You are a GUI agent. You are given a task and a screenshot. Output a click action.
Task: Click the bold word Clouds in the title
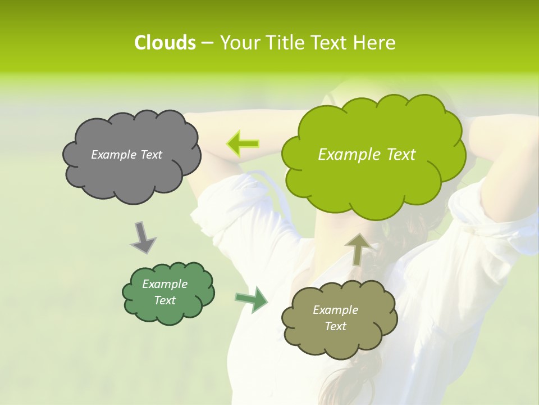(x=165, y=43)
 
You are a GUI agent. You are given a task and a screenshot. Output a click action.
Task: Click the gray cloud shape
(x=131, y=174)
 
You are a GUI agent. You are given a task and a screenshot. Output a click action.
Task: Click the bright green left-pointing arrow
(x=243, y=144)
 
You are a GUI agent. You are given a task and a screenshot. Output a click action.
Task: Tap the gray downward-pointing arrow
(x=143, y=237)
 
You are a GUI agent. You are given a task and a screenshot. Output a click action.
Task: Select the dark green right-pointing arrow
(x=252, y=299)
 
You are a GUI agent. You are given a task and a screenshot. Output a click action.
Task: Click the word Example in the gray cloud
(x=114, y=155)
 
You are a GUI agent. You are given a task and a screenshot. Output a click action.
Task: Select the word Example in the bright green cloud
(x=349, y=155)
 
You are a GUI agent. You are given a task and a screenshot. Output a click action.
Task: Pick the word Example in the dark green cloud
(x=165, y=284)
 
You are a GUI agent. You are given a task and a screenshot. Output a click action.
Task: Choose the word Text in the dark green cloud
(x=165, y=300)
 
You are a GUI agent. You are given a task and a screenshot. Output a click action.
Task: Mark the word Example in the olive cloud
(x=336, y=310)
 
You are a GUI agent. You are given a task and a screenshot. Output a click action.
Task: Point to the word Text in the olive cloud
(x=336, y=326)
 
